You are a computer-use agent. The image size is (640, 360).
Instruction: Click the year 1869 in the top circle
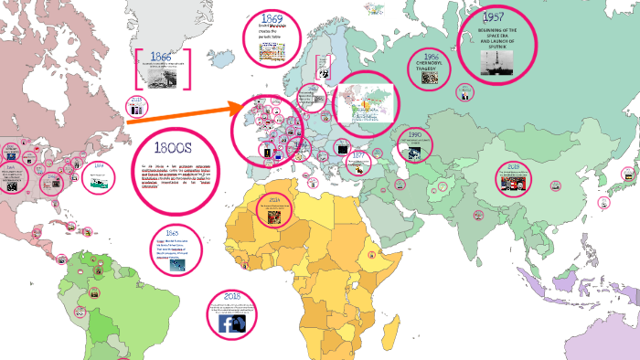coord(272,17)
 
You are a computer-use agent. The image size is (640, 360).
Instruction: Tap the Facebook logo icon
coord(232,323)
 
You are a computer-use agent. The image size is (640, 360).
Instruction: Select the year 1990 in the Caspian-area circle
coord(414,134)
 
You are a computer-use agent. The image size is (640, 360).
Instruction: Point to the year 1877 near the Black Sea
coord(358,156)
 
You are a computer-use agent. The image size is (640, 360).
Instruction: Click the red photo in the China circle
coord(513,181)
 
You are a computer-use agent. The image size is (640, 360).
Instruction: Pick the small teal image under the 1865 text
coord(177,265)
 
